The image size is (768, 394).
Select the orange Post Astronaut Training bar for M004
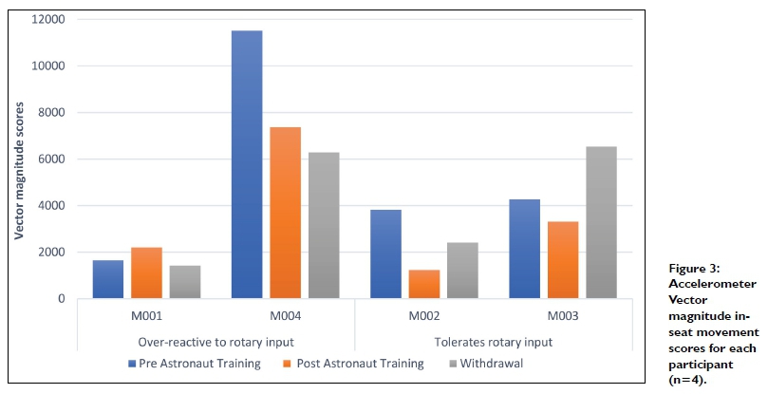(x=286, y=213)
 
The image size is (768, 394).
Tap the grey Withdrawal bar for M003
(x=601, y=222)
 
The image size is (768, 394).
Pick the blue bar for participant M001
(x=108, y=279)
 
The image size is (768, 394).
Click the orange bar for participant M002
(x=423, y=284)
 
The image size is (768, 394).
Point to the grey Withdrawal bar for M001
(x=185, y=282)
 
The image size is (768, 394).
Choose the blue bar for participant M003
(x=525, y=249)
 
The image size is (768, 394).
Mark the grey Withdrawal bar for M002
(x=462, y=271)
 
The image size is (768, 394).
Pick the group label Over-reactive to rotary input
(x=216, y=342)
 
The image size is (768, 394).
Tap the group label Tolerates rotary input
(x=493, y=342)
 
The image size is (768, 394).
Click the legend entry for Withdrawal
(x=484, y=364)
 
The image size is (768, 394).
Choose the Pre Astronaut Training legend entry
(x=194, y=364)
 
